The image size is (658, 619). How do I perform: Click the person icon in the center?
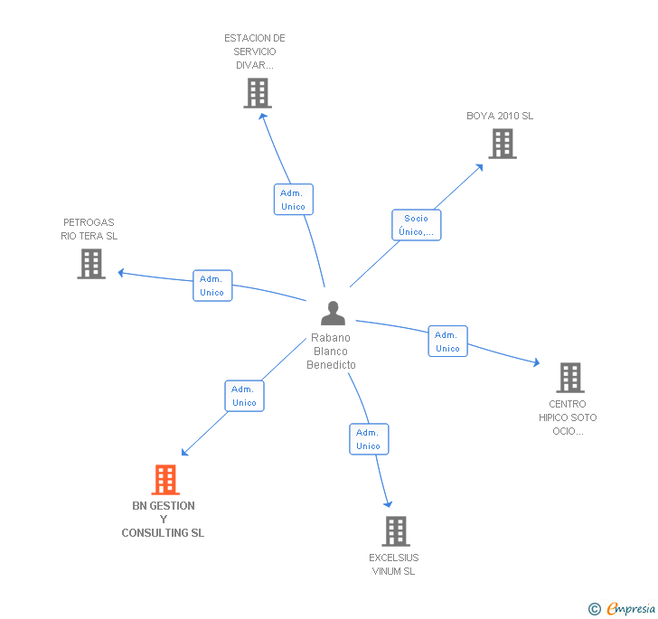click(x=334, y=314)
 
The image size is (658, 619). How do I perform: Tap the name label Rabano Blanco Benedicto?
click(x=331, y=352)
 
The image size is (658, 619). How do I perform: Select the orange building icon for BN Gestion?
click(x=164, y=479)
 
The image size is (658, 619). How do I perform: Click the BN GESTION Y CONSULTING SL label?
click(x=164, y=520)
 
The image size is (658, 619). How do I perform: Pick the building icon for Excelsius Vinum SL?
click(x=395, y=531)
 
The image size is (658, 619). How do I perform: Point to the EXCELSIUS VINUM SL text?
click(x=393, y=564)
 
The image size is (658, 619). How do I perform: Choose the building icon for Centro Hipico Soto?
click(x=569, y=378)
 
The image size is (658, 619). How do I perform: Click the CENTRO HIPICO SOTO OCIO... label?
click(x=568, y=417)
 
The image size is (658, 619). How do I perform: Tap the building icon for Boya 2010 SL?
click(x=502, y=144)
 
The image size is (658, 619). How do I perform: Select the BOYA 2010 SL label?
click(x=500, y=116)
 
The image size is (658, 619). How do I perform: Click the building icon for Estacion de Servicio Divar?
click(x=258, y=93)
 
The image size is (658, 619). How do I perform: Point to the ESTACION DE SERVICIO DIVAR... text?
click(x=255, y=52)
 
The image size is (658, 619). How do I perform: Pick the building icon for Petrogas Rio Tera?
click(x=91, y=264)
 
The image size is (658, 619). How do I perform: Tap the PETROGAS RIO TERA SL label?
click(x=89, y=230)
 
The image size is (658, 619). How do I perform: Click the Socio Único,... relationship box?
click(x=416, y=225)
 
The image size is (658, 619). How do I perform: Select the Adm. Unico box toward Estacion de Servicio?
click(x=293, y=200)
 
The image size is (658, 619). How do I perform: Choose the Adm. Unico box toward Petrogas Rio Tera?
click(x=212, y=286)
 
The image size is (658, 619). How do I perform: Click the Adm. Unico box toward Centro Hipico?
click(x=447, y=342)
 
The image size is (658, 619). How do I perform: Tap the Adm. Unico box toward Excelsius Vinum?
click(x=369, y=439)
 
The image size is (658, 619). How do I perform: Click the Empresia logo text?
click(x=630, y=609)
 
